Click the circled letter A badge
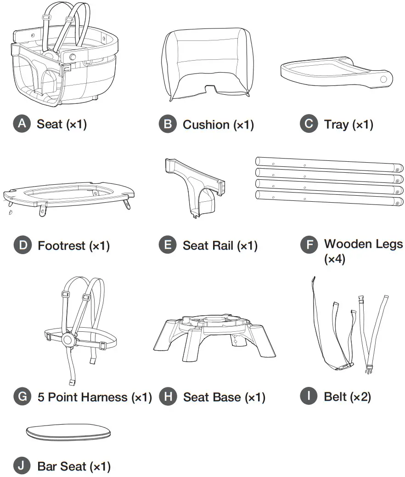click(x=22, y=124)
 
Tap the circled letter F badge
click(x=309, y=245)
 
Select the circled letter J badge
click(x=22, y=466)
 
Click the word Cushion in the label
click(x=206, y=125)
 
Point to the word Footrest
click(x=62, y=245)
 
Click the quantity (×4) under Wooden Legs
click(x=335, y=259)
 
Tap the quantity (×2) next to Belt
click(x=360, y=397)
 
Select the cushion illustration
click(x=208, y=64)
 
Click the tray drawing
click(x=337, y=73)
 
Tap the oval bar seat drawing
click(x=68, y=432)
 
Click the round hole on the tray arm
click(x=384, y=79)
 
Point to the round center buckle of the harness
click(x=67, y=340)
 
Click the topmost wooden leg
click(x=329, y=165)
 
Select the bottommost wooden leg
click(x=329, y=198)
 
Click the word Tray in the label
click(x=337, y=125)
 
